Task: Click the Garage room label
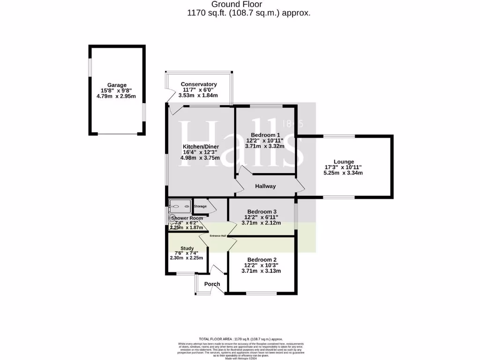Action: (x=117, y=85)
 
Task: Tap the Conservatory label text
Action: (x=199, y=84)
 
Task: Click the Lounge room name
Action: (x=344, y=162)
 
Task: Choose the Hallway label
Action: (x=265, y=186)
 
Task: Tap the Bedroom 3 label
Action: (x=261, y=211)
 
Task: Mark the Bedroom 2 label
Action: (x=261, y=260)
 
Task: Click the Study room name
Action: (x=187, y=248)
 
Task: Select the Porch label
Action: (x=212, y=284)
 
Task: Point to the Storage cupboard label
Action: (x=200, y=206)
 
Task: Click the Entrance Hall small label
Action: (x=217, y=236)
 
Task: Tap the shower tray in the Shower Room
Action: (x=180, y=205)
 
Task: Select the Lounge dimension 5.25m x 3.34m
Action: (x=344, y=173)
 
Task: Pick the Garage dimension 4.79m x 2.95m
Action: (x=117, y=96)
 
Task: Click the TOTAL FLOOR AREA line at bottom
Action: (x=241, y=339)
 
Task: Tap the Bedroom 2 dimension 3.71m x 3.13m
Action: (x=261, y=271)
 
